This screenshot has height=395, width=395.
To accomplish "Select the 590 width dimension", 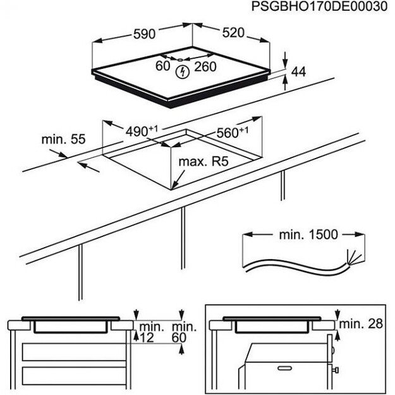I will pyautogui.click(x=145, y=35).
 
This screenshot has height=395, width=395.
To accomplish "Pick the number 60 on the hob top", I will pyautogui.click(x=163, y=66).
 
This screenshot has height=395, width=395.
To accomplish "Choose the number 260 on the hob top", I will pyautogui.click(x=206, y=67).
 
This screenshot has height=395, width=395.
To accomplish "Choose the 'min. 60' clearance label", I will pyautogui.click(x=183, y=332).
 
